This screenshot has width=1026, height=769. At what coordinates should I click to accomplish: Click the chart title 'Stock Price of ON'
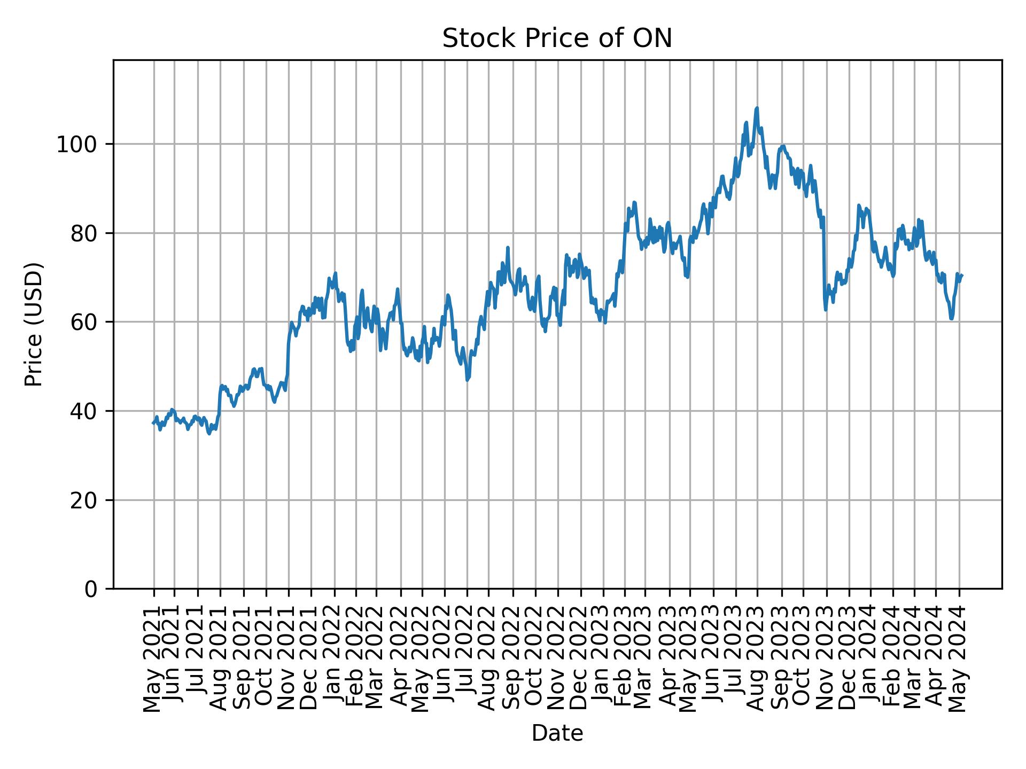[x=557, y=39]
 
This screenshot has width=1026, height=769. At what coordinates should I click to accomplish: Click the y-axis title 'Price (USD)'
[x=34, y=324]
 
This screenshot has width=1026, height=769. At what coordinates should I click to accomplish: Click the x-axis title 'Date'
[x=557, y=734]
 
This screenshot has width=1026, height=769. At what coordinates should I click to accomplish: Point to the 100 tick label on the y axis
[x=80, y=145]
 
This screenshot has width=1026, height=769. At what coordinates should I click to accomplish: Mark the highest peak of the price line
[x=757, y=108]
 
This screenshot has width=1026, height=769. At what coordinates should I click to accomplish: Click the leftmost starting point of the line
[x=153, y=423]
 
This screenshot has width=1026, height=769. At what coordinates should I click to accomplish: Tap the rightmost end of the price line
[x=962, y=275]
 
